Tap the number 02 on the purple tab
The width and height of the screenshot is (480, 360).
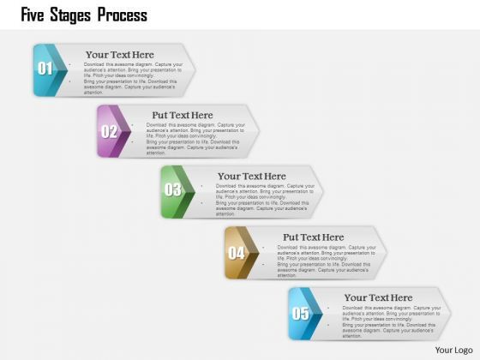(x=109, y=131)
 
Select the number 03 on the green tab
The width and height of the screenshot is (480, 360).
(x=173, y=190)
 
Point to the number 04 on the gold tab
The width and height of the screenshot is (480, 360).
(x=237, y=253)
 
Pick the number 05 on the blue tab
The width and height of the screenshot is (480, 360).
(x=301, y=313)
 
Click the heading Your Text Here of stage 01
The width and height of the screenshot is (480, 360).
(x=120, y=54)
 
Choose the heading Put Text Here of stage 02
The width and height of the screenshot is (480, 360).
(x=183, y=115)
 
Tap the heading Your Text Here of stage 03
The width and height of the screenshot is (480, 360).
(x=252, y=176)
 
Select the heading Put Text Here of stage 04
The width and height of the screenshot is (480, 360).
(x=314, y=237)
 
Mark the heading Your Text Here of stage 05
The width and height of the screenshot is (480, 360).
(x=378, y=297)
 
